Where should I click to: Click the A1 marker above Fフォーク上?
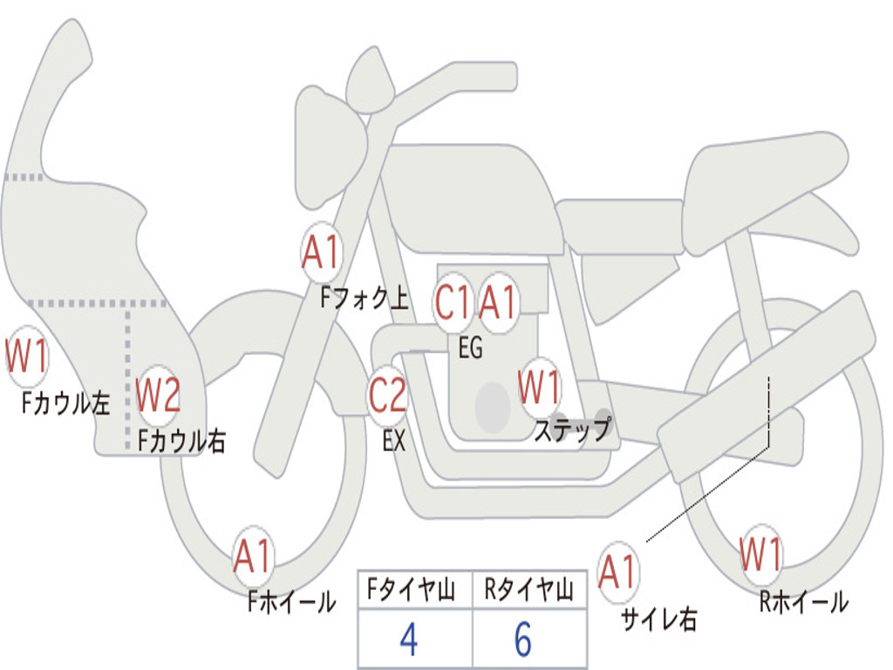tap(322, 253)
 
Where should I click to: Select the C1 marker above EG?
tap(454, 304)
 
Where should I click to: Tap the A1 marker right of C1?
tap(499, 304)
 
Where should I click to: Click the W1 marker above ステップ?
tap(540, 387)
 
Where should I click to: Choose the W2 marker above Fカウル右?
tap(159, 396)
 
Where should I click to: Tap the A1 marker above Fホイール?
tap(253, 557)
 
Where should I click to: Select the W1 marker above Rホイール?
tap(761, 554)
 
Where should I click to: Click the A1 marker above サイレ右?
tap(618, 571)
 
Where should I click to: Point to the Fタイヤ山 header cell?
tap(414, 591)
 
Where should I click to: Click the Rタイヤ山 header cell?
tap(528, 591)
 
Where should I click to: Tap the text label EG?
tap(470, 349)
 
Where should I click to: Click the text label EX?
tap(394, 441)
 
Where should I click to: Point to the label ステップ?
tap(573, 430)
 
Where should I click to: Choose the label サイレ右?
tap(658, 619)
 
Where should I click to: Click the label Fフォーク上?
tap(364, 300)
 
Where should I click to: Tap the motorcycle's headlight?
tap(324, 144)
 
